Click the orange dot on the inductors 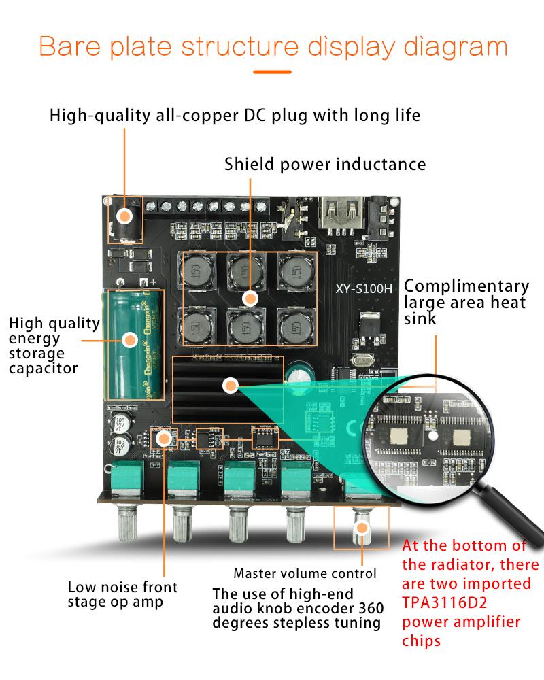tap(251, 297)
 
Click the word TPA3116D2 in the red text tap(447, 602)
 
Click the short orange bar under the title tap(272, 71)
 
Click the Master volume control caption tap(305, 573)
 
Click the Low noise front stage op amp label tap(122, 594)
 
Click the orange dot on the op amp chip tap(164, 438)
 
